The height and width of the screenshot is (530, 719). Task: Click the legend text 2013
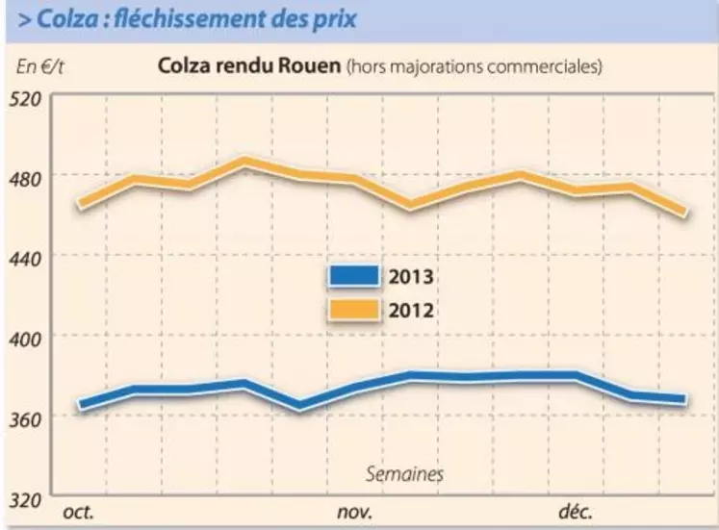[411, 277]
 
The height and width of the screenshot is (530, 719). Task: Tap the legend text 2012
[411, 310]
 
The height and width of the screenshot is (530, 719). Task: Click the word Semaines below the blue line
[404, 473]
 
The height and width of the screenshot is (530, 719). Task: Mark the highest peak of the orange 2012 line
[244, 161]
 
